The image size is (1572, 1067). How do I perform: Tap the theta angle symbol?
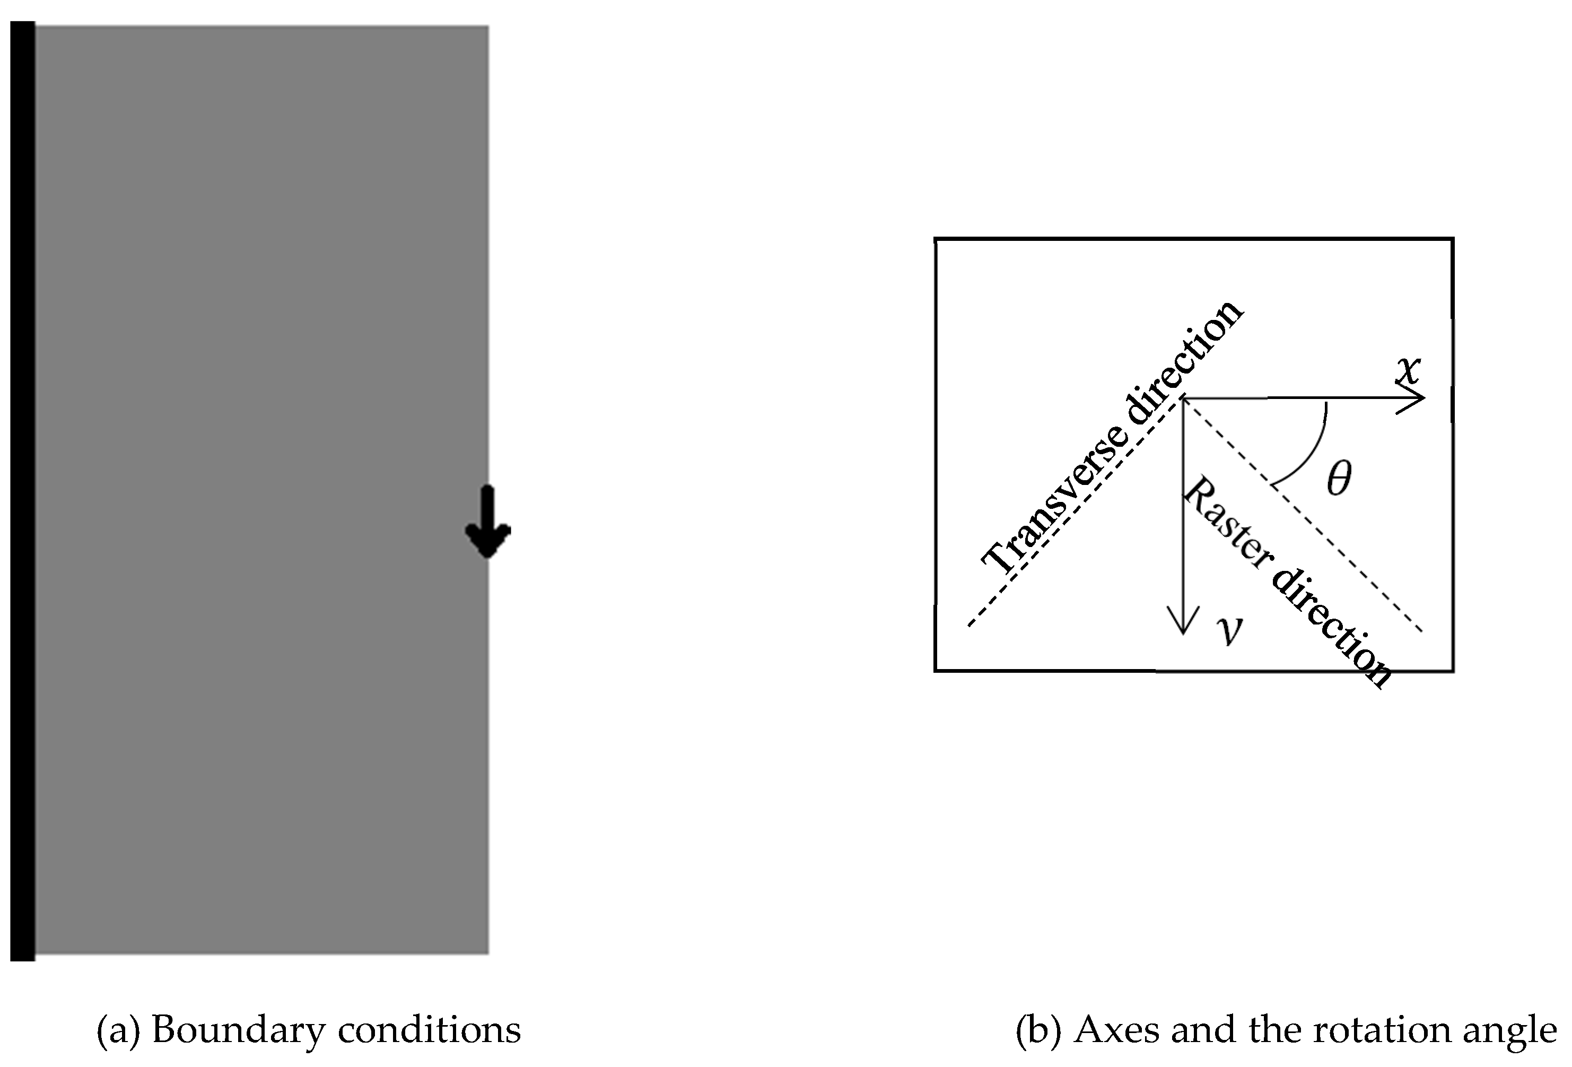click(1339, 479)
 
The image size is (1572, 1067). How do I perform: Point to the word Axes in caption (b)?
click(1115, 1030)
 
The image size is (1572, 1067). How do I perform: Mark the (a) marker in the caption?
click(118, 1030)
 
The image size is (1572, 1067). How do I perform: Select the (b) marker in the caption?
click(1037, 1030)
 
